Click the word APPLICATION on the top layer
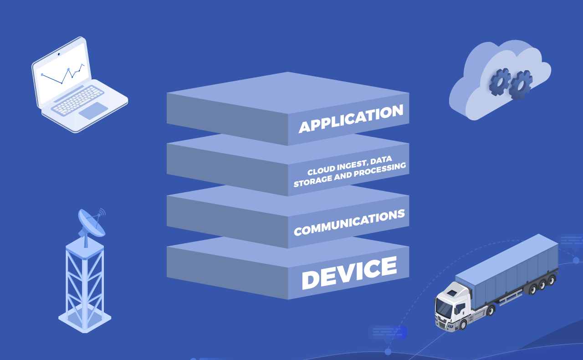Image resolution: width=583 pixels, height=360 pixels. click(351, 118)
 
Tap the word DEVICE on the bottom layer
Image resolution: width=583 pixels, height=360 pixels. click(349, 273)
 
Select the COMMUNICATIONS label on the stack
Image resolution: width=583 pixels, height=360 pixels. click(349, 222)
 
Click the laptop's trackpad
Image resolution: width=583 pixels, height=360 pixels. click(93, 111)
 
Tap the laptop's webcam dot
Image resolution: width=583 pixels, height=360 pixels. click(59, 54)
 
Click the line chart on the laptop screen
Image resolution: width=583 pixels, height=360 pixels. click(63, 74)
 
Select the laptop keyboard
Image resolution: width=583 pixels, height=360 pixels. click(77, 100)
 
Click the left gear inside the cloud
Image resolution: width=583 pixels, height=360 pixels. click(500, 82)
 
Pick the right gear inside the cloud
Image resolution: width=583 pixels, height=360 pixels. click(521, 85)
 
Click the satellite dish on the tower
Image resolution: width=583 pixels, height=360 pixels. click(92, 223)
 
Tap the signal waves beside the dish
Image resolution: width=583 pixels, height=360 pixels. click(102, 212)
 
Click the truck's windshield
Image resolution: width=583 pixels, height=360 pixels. click(444, 308)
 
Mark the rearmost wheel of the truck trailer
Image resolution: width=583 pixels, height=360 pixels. click(552, 280)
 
